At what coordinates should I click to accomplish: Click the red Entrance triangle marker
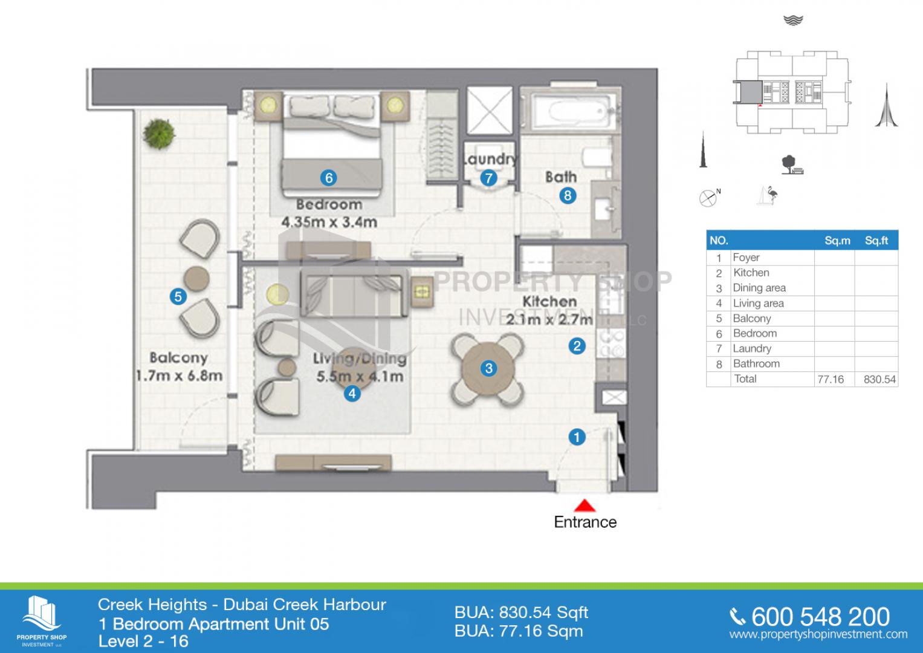point(585,506)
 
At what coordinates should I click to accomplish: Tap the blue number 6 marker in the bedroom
point(328,178)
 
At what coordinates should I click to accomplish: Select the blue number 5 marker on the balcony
point(178,296)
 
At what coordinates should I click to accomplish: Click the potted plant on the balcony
point(158,134)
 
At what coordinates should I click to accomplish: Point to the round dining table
point(488,369)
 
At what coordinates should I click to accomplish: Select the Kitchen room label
point(549,301)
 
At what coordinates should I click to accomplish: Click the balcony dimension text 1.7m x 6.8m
point(180,375)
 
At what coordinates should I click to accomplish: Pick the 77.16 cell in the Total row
point(831,379)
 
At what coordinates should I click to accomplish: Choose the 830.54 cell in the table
point(879,379)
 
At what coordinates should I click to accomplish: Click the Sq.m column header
point(837,241)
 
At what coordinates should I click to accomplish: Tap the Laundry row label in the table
point(752,349)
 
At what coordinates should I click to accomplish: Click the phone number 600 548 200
point(820,617)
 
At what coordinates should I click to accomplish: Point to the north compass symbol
point(709,198)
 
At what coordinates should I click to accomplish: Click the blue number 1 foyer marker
point(577,437)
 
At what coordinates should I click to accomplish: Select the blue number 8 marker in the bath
point(568,195)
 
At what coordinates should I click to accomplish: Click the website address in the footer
point(818,634)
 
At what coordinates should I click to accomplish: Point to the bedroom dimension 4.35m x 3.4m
point(329,223)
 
